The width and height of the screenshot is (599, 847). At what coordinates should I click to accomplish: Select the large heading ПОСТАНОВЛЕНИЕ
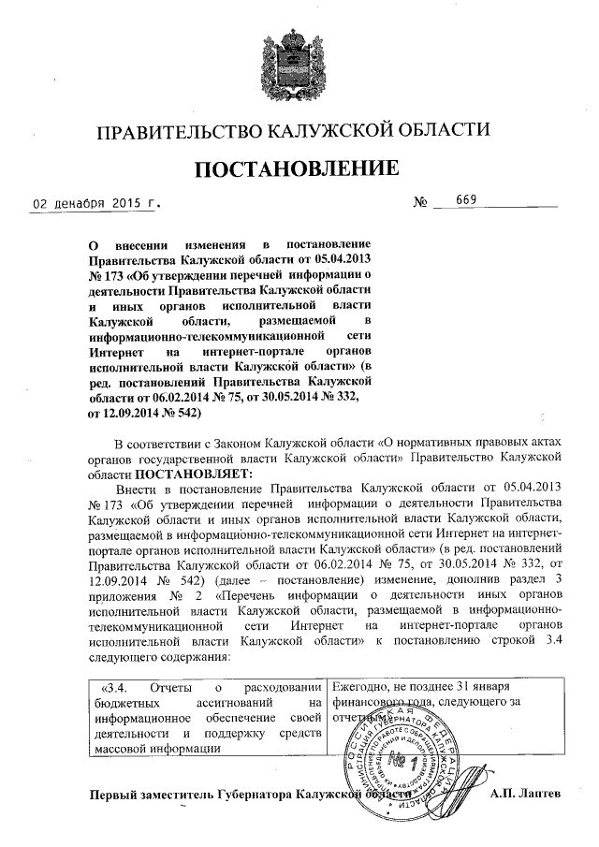(298, 169)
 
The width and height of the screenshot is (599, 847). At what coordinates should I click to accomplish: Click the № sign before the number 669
(420, 202)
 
